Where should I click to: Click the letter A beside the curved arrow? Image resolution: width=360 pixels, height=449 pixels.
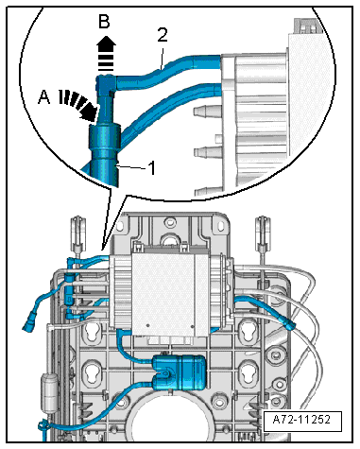(43, 96)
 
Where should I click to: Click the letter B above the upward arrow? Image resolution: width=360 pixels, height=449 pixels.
(104, 22)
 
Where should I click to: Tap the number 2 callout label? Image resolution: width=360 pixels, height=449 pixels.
(163, 35)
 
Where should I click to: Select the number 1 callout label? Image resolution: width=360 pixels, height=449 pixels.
(152, 168)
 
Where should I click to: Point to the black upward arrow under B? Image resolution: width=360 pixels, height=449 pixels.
(106, 53)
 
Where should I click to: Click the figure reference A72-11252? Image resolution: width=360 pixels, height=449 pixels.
(301, 420)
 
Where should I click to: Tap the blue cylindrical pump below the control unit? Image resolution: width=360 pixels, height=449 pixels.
(180, 372)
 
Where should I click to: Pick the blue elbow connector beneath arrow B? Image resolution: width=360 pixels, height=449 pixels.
(106, 84)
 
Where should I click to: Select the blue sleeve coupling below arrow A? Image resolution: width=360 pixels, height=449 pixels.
(104, 138)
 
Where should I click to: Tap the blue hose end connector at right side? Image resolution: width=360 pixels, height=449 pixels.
(290, 323)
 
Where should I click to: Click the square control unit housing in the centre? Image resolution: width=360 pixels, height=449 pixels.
(163, 293)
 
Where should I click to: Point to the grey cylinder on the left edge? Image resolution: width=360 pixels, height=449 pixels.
(48, 391)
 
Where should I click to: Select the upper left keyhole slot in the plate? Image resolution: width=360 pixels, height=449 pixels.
(92, 333)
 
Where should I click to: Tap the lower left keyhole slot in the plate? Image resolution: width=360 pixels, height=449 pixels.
(91, 372)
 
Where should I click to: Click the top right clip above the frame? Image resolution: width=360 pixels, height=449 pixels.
(263, 233)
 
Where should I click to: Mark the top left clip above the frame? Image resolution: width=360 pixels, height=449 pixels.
(77, 233)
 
